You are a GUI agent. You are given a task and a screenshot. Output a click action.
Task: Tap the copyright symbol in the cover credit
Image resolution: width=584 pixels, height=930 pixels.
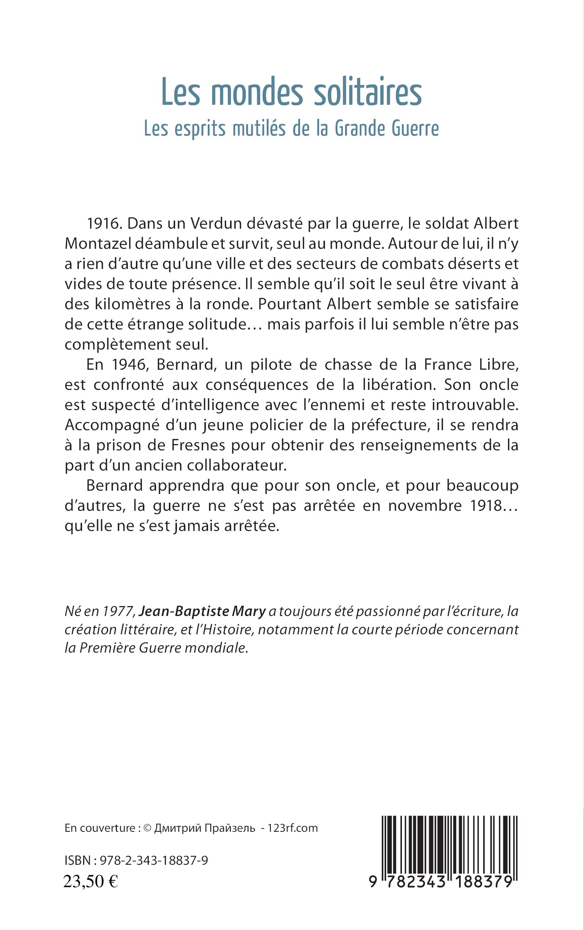147,828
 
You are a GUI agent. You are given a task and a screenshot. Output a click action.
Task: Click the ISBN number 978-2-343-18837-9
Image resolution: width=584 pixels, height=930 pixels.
154,860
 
